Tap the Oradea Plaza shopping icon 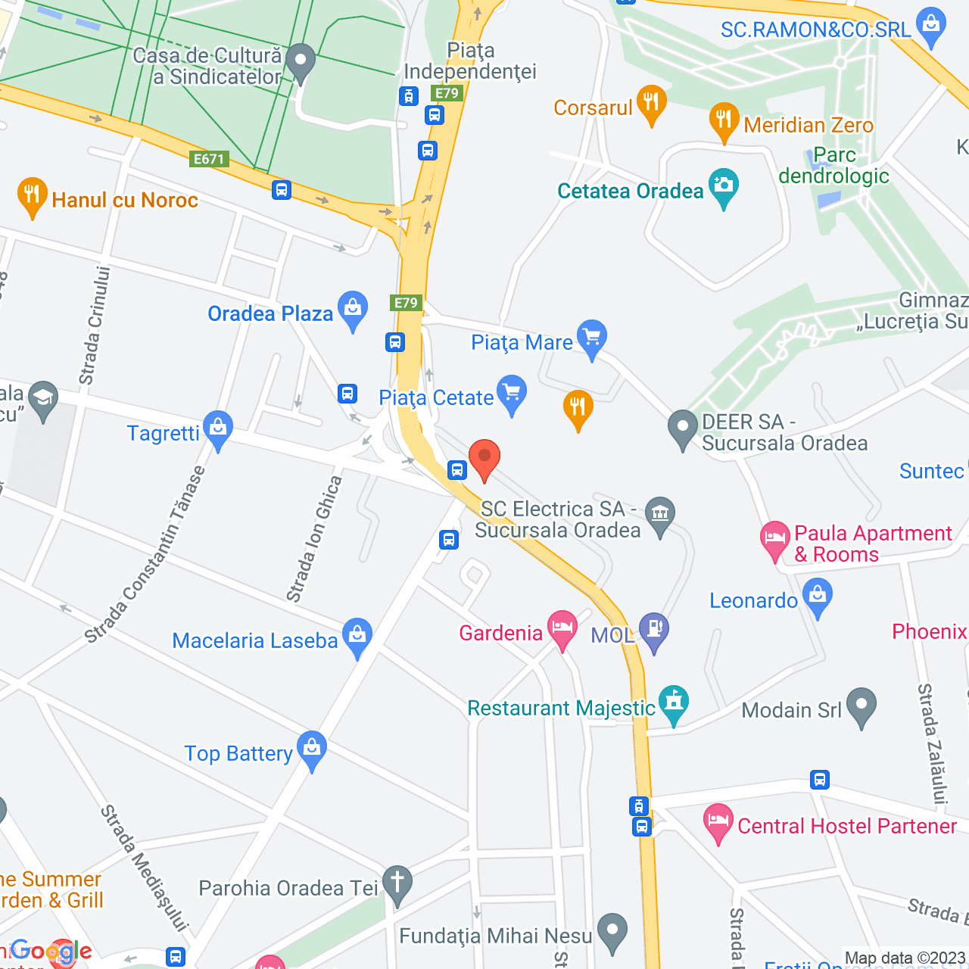(353, 310)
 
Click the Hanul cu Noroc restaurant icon (32, 196)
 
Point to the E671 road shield (209, 159)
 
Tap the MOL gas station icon (654, 631)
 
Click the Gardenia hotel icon (562, 629)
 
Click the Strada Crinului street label (95, 326)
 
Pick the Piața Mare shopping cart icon (592, 338)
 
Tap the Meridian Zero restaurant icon (724, 121)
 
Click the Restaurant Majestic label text (561, 709)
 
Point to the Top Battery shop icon (312, 749)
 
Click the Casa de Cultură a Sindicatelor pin (301, 62)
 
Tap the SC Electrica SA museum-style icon (660, 515)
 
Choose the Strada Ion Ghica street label (314, 539)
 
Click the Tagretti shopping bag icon (218, 429)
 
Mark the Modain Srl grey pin (862, 706)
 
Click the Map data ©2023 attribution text (905, 958)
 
